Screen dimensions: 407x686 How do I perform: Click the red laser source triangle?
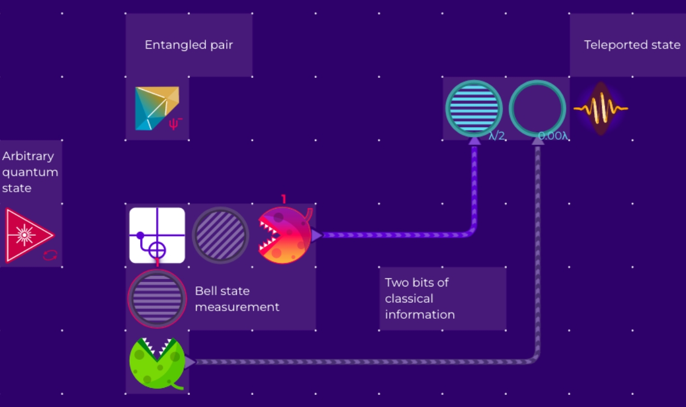(27, 236)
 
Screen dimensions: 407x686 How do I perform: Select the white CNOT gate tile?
(157, 236)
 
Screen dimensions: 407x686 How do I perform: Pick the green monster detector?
(156, 363)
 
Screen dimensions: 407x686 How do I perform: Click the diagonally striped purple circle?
(221, 236)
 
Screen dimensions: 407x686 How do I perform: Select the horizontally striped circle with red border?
(157, 299)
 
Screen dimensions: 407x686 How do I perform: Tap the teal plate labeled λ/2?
(474, 108)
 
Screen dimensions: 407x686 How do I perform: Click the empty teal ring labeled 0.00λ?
(537, 108)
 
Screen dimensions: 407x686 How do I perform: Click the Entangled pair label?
(189, 45)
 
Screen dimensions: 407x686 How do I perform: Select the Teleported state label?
(632, 45)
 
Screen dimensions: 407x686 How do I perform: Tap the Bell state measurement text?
(237, 299)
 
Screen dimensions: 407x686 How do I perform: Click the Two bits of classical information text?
(420, 299)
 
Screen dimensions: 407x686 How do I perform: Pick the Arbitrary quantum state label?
(30, 171)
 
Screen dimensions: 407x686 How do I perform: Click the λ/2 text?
(496, 136)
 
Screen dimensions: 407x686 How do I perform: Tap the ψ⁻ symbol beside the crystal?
(175, 124)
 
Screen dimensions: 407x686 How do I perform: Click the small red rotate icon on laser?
(50, 255)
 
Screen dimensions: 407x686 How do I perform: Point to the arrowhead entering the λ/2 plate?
(474, 141)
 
